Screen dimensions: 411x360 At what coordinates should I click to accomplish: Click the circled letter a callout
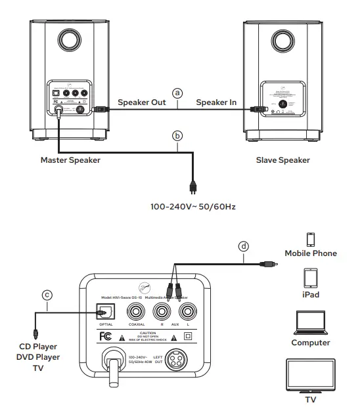tap(176, 93)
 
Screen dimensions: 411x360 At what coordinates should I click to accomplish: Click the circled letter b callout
tap(176, 137)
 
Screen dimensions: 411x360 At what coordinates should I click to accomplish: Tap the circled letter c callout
tap(47, 295)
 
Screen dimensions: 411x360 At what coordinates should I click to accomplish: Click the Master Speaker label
tap(70, 160)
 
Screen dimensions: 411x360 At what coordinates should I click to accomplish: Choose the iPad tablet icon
tap(310, 278)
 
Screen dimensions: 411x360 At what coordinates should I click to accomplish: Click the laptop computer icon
tap(311, 322)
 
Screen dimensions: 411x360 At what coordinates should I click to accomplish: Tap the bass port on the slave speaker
tap(283, 41)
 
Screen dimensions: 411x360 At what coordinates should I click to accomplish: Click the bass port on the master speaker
tap(68, 41)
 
